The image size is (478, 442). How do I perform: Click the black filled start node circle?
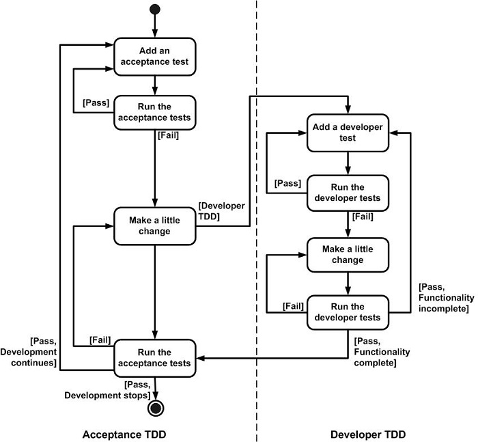tap(155, 9)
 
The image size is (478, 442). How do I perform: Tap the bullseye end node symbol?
tap(156, 408)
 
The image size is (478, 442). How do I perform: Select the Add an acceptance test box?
tap(155, 57)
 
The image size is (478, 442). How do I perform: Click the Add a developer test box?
tap(348, 133)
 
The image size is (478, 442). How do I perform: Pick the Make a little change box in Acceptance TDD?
tap(155, 225)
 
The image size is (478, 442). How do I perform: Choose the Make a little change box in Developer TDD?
tap(348, 255)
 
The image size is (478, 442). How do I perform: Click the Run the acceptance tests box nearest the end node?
tap(155, 357)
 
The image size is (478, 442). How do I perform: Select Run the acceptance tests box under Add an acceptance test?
tap(155, 113)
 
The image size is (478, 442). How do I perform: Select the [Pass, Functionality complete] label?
tap(382, 351)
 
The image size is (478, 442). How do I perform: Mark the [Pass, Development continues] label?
tap(33, 351)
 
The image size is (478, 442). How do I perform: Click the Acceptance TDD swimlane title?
tap(124, 434)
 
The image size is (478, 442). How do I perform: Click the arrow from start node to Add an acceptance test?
tap(155, 26)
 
